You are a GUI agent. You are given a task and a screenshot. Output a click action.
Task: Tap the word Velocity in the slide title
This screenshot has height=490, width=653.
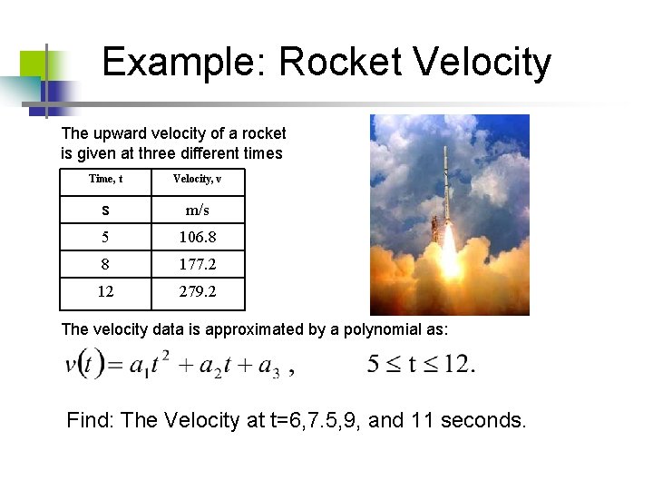pos(481,62)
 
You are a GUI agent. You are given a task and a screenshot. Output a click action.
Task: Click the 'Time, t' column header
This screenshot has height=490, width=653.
pos(105,179)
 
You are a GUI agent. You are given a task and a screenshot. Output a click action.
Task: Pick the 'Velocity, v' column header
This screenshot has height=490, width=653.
pos(197,179)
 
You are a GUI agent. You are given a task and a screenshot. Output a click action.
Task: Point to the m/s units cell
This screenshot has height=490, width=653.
pos(197,210)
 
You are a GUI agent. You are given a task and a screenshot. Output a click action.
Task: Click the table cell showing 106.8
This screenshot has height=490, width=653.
pos(197,238)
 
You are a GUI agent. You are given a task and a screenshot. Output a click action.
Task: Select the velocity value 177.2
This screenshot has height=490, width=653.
pos(197,265)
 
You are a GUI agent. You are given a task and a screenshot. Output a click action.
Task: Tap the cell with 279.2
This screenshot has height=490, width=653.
pos(197,293)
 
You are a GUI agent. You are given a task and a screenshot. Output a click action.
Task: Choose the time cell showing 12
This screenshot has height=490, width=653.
pos(105,293)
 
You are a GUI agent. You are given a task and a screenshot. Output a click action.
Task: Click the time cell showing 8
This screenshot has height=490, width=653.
pos(105,265)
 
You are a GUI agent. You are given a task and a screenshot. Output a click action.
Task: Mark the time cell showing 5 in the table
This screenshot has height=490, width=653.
pos(105,238)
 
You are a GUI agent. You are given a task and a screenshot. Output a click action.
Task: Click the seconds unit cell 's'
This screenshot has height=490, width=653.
pos(105,210)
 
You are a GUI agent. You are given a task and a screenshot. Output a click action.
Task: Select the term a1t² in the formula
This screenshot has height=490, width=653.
pos(151,365)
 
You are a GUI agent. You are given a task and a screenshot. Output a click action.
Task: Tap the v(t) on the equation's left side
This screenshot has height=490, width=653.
pos(84,365)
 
